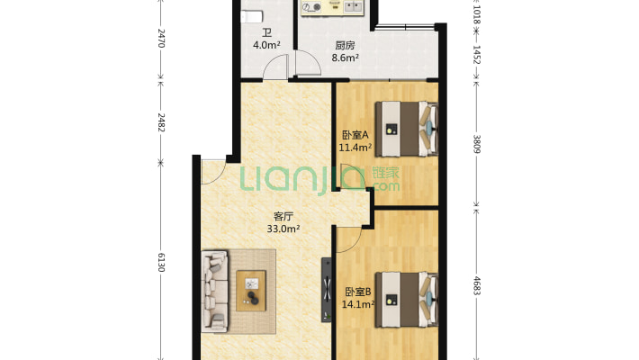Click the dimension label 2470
161,38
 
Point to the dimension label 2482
161,122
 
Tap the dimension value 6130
161,262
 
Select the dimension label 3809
477,144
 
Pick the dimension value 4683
477,285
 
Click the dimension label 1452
477,54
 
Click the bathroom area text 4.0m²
266,45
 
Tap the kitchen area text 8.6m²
346,58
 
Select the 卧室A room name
355,134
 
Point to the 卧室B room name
358,292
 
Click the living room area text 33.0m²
283,229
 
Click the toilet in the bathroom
251,17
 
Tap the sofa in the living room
215,291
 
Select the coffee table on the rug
251,291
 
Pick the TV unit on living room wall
327,290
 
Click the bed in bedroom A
407,130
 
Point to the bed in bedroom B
407,300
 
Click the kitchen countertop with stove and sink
332,8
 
